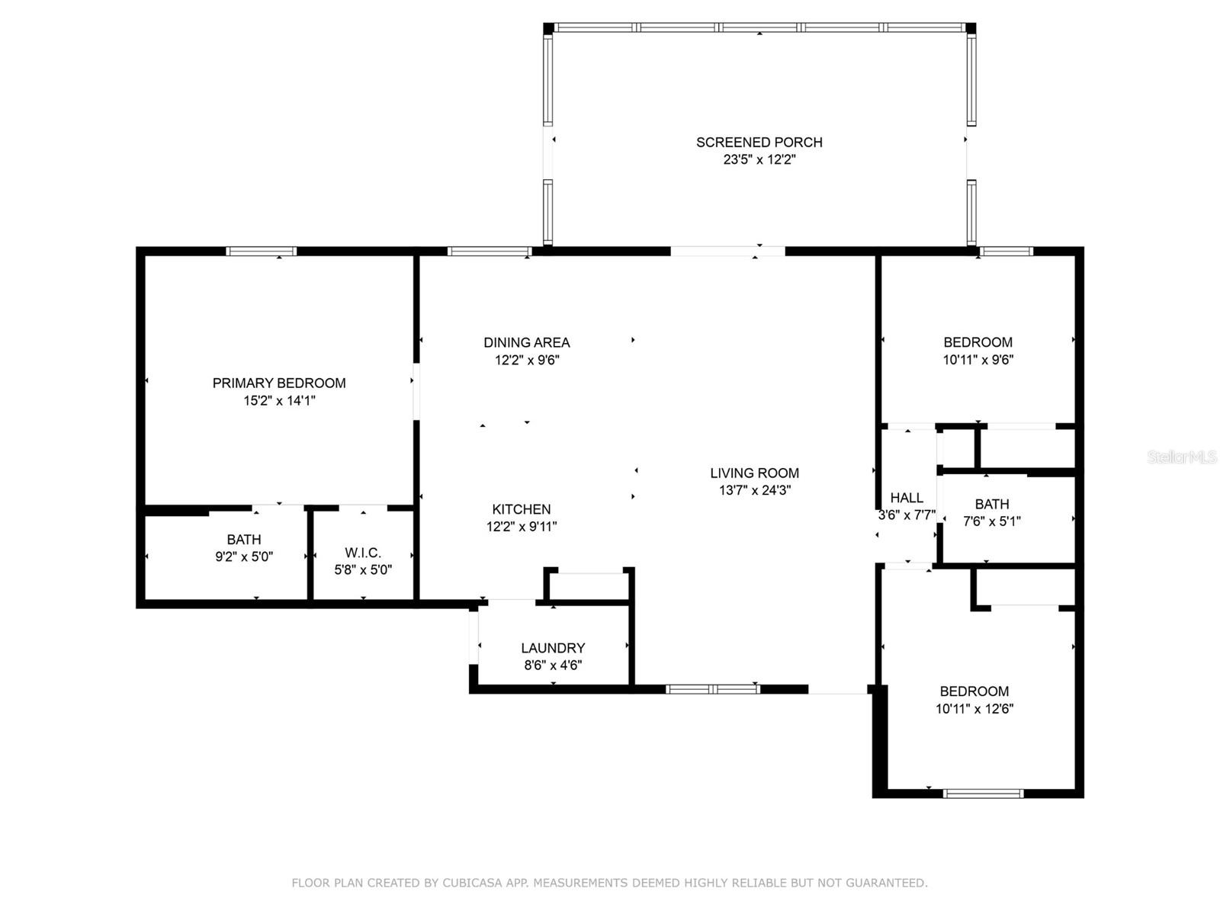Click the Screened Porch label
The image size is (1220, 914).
tap(759, 142)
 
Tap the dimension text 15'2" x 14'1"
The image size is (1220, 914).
tap(279, 401)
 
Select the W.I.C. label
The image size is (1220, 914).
tap(363, 553)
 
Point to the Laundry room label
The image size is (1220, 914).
tap(553, 648)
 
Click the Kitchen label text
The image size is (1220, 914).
tap(522, 509)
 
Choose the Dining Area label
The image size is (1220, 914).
tap(527, 342)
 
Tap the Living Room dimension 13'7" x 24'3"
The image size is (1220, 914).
tap(755, 490)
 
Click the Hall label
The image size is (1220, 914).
tap(907, 498)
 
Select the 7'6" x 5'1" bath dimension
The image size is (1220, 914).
tap(991, 521)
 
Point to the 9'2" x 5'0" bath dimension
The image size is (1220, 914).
tap(244, 556)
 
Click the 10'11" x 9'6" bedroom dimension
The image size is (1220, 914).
tap(978, 360)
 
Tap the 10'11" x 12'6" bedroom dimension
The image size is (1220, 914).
tap(974, 709)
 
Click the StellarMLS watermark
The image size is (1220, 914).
tap(1183, 457)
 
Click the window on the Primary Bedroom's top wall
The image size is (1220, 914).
tap(262, 251)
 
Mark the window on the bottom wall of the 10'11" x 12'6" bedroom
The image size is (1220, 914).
tap(983, 794)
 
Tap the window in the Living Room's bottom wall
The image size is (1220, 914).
tap(712, 689)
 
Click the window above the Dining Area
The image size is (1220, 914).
tap(489, 251)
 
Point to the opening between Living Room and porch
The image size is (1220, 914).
tap(727, 251)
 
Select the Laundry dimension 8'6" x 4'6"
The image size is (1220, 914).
tap(553, 665)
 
